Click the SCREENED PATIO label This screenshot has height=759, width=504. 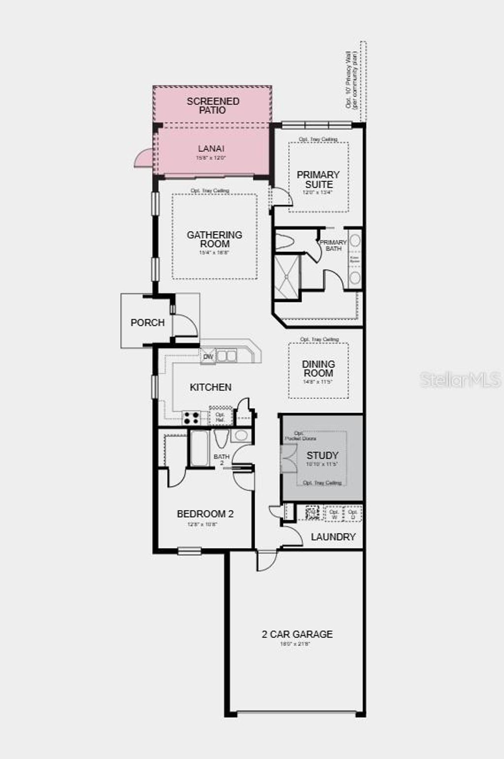tap(213, 105)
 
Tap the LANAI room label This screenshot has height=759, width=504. tap(211, 148)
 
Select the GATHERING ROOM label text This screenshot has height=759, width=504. tap(215, 239)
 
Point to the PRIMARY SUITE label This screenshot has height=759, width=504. tap(318, 179)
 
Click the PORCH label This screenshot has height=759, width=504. tap(147, 322)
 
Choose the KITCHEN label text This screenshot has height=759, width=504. tap(211, 387)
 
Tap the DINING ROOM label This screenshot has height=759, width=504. tap(318, 368)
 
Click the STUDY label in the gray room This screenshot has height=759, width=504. tap(322, 455)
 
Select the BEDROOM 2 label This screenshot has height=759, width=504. tap(205, 514)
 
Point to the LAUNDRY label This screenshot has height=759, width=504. tap(333, 537)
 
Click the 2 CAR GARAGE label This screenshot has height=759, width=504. tap(297, 634)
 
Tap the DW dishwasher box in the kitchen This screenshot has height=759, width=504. tap(208, 356)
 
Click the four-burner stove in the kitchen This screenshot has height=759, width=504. tap(191, 418)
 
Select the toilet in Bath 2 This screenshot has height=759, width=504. tap(221, 438)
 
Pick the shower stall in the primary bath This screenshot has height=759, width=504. tap(286, 276)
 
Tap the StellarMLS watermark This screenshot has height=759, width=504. tap(460, 379)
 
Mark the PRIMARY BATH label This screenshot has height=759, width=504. tap(333, 245)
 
